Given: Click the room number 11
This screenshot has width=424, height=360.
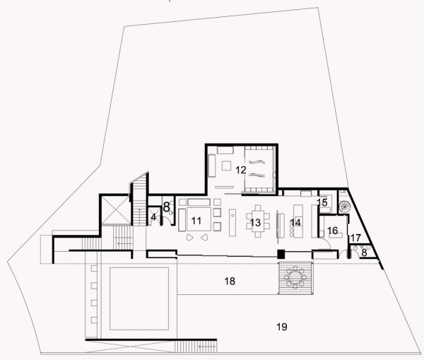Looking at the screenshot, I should coord(196,221).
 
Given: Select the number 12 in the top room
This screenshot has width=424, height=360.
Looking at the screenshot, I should coord(240,170).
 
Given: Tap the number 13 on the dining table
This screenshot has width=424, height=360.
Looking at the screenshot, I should coord(255,223).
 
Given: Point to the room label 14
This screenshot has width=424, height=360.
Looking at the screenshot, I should coord(295,222).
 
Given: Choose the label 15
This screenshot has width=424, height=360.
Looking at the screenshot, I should coord(322,203).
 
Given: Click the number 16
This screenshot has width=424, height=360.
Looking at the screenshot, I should coord(332,231).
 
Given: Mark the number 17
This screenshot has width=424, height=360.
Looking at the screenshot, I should coord(355,238).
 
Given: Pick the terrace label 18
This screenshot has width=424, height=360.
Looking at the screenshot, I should coord(229,281).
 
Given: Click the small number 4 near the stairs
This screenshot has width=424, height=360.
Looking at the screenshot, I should coord(153,217).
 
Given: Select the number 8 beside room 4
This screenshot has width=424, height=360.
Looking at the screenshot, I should coord(167,208).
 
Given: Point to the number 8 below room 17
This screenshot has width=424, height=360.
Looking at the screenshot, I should coord(365,251).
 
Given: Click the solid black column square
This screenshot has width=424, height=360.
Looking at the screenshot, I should coord(280,253).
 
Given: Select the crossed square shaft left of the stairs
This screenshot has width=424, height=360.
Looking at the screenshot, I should coord(114,209).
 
